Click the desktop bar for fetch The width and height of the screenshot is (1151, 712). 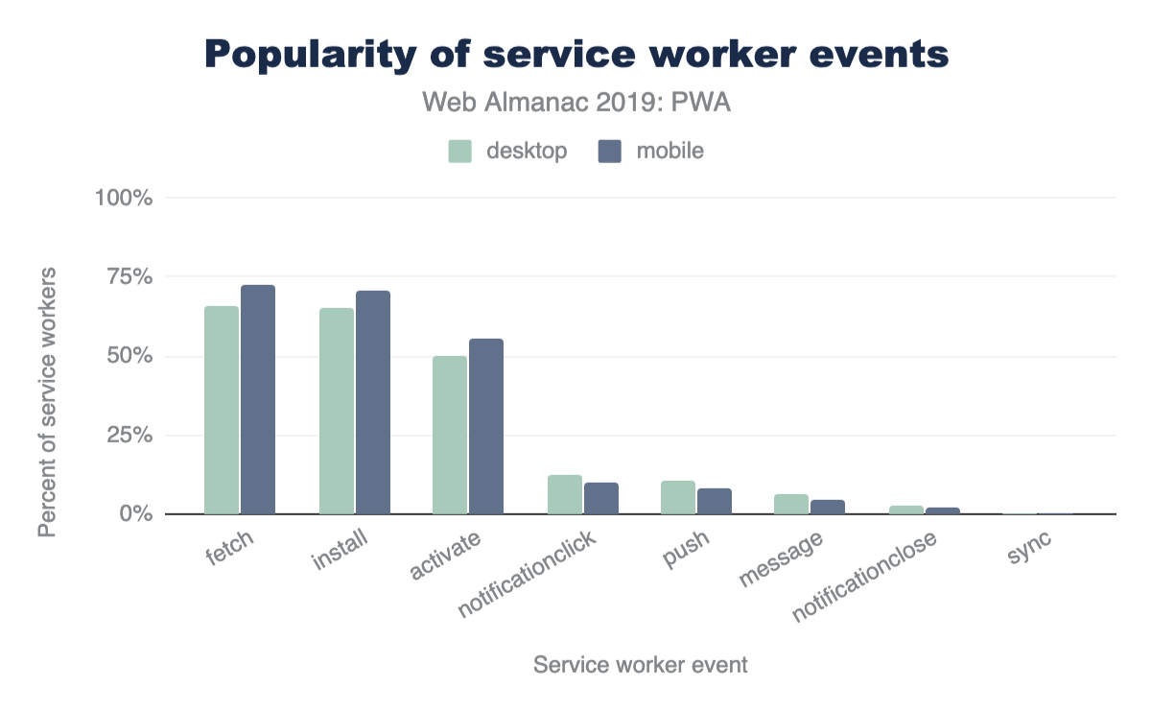point(222,410)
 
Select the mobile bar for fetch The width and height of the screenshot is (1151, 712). point(258,399)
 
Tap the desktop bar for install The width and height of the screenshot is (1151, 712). point(337,411)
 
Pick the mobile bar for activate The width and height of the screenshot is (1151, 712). point(486,426)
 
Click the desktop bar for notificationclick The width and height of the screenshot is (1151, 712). point(565,494)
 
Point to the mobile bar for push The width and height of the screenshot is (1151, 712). point(715,501)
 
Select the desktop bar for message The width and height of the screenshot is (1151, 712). point(791,504)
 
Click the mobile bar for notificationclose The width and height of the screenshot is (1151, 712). point(943,510)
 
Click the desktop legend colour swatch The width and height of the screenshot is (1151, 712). point(460,152)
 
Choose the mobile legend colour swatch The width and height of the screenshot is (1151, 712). point(609,152)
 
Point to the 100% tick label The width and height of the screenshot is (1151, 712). point(124,198)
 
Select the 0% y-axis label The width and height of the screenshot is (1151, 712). point(135,514)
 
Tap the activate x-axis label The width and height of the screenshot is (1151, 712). point(445,558)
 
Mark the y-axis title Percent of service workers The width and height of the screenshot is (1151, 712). point(48,402)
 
